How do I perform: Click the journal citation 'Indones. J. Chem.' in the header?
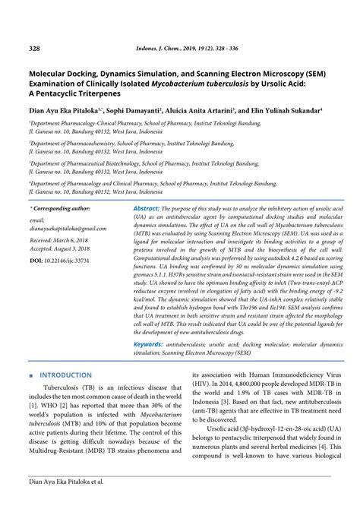156,49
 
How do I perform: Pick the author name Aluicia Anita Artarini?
214,109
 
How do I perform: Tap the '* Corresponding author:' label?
60,208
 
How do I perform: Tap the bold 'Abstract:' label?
146,208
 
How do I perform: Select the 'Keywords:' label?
148,344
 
